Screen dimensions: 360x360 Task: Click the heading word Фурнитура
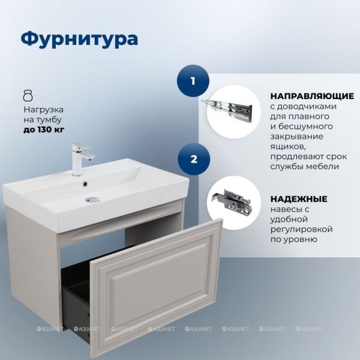[x=79, y=39]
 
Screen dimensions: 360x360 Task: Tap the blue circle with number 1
[x=193, y=81]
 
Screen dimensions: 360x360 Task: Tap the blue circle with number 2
[x=194, y=159]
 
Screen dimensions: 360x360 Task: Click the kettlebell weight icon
[x=28, y=95]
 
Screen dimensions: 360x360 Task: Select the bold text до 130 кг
[x=44, y=130]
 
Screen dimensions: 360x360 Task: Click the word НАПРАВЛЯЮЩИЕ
[x=312, y=96]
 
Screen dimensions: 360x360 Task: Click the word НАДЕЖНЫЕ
[x=299, y=199]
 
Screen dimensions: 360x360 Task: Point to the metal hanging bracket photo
[x=232, y=200]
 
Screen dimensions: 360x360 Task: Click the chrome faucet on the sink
[x=81, y=158]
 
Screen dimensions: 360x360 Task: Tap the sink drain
[x=92, y=200]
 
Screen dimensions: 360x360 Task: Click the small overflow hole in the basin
[x=85, y=184]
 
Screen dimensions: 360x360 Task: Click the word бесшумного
[x=305, y=127]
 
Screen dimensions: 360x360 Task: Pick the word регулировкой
[x=301, y=229]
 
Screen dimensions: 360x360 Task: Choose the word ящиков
[x=288, y=147]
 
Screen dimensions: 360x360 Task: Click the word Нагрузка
[x=44, y=110]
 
